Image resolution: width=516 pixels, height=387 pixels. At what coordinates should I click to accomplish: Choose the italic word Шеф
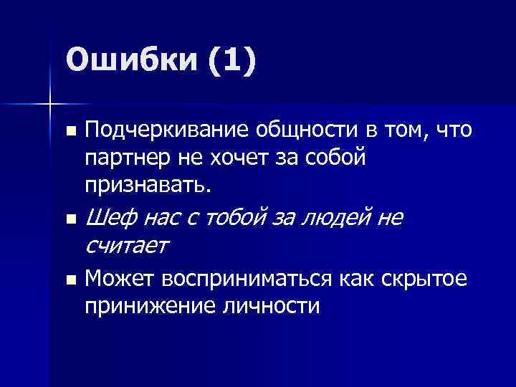tap(107, 216)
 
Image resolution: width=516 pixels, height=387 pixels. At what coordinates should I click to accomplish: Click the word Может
tap(119, 279)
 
